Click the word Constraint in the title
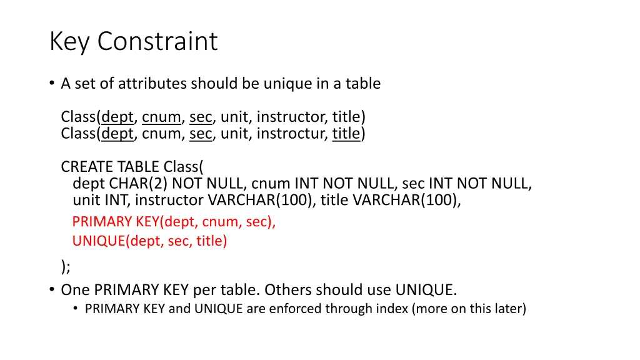point(157,42)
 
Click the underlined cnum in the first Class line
point(161,117)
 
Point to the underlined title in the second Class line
point(346,133)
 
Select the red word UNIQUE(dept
point(117,241)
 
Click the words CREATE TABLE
point(110,167)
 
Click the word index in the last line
point(392,308)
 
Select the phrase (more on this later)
point(469,308)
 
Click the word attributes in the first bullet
point(152,83)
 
